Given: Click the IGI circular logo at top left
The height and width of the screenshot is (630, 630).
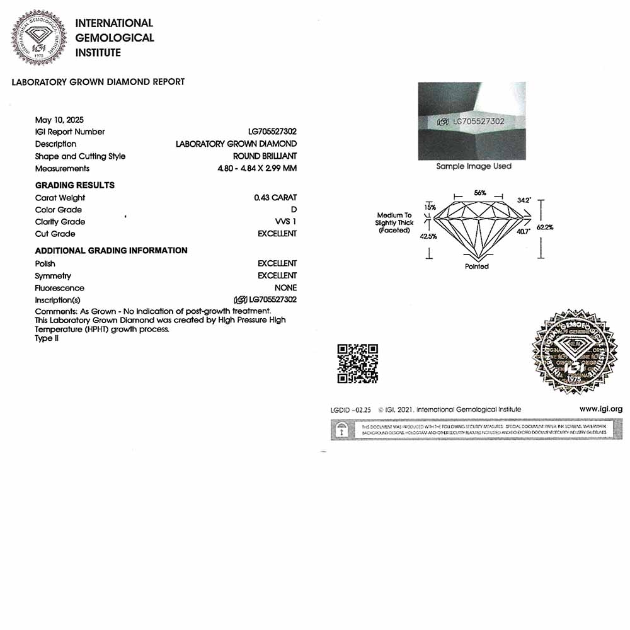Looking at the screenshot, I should (x=38, y=38).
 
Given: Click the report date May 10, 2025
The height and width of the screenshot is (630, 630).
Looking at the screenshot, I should (x=59, y=120).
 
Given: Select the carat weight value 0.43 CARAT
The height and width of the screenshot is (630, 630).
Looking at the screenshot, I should (x=275, y=198).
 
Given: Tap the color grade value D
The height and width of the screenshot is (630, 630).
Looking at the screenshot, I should (x=294, y=210).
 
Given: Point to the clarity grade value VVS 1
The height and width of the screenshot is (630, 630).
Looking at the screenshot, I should (x=285, y=222).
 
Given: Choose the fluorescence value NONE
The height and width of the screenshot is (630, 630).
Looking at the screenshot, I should (x=285, y=288).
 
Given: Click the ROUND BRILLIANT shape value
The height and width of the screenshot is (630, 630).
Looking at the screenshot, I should (x=265, y=156).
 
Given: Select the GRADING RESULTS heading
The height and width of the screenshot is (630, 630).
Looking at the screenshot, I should (x=75, y=185).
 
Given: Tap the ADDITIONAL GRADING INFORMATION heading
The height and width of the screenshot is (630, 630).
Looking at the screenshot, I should (x=111, y=251).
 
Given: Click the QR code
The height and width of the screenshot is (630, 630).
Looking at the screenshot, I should (x=357, y=364).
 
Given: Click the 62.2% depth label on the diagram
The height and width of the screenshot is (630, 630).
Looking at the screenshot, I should (x=545, y=227).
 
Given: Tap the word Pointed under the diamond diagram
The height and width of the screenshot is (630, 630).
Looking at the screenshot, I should (x=477, y=266).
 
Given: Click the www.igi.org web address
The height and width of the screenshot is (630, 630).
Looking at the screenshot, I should (x=600, y=409).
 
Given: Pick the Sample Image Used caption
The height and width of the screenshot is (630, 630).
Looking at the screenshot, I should (x=474, y=166).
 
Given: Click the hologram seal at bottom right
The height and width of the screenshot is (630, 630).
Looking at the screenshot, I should (x=575, y=352).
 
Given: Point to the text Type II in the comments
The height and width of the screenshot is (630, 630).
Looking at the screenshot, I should (x=43, y=338).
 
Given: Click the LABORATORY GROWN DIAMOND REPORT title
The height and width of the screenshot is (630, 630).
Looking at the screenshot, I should (x=98, y=82).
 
